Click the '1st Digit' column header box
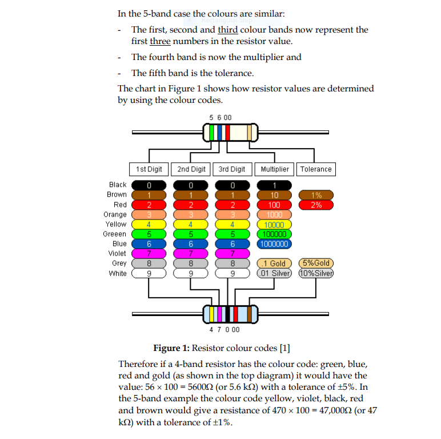tap(149, 169)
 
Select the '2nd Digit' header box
tap(191, 169)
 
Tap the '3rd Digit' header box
tap(232, 169)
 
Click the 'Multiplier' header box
tap(275, 169)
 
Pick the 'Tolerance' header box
tap(316, 169)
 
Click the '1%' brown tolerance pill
tap(316, 195)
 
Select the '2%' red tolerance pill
tap(316, 205)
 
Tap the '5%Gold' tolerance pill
tap(316, 264)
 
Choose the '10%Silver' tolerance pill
tap(316, 273)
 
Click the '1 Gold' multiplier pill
tap(274, 264)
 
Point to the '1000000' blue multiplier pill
tap(274, 244)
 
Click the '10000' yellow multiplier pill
tap(274, 225)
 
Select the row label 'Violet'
tap(118, 253)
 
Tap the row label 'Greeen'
tap(115, 234)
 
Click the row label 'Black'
tap(118, 185)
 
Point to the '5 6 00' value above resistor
tap(220, 117)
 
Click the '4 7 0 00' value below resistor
tap(224, 329)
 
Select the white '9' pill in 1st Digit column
tap(149, 273)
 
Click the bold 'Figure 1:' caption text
tap(171, 348)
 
